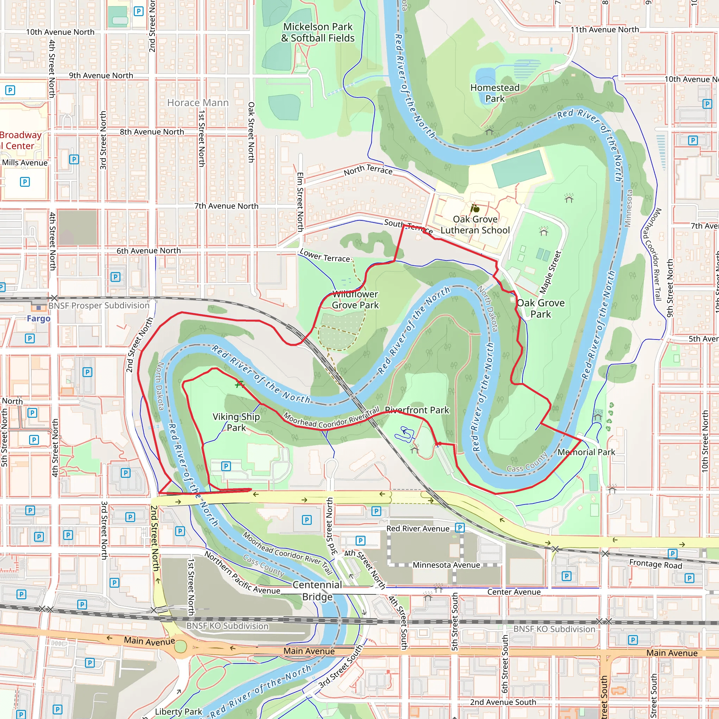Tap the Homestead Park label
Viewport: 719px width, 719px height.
pyautogui.click(x=495, y=93)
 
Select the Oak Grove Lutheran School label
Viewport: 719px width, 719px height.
pyautogui.click(x=475, y=225)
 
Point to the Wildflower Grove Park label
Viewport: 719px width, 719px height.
pyautogui.click(x=355, y=299)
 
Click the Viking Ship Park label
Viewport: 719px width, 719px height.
pyautogui.click(x=236, y=422)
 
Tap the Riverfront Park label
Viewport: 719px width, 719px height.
pyautogui.click(x=417, y=410)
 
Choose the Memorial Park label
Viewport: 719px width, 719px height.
pyautogui.click(x=586, y=452)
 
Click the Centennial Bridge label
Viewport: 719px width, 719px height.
pyautogui.click(x=317, y=591)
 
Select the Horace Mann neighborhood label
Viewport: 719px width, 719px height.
pyautogui.click(x=198, y=103)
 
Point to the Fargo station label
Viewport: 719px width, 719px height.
pyautogui.click(x=38, y=318)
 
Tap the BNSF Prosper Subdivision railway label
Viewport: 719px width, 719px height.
pyautogui.click(x=99, y=305)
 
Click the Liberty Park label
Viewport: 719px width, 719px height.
pyautogui.click(x=178, y=712)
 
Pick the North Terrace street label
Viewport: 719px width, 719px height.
pyautogui.click(x=368, y=170)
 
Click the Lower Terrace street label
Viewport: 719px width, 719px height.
pyautogui.click(x=324, y=256)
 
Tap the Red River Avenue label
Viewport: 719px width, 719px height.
pyautogui.click(x=417, y=529)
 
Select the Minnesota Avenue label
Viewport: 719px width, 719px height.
pyautogui.click(x=446, y=565)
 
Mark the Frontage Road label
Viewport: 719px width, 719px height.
pyautogui.click(x=655, y=564)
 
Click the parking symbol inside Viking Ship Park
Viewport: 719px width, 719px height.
pyautogui.click(x=226, y=466)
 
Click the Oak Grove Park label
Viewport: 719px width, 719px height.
pyautogui.click(x=540, y=309)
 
